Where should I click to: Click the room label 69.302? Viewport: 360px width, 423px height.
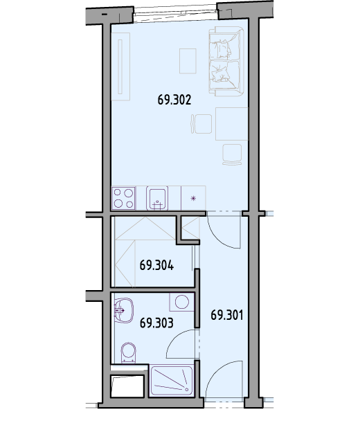point(174,100)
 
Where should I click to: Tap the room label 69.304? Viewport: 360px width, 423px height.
point(156,265)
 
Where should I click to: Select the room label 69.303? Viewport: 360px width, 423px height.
point(156,323)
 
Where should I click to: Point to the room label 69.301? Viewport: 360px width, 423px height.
point(227,315)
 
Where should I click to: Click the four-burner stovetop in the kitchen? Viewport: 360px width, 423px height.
point(124,198)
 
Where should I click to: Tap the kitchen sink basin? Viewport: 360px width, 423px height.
point(157,198)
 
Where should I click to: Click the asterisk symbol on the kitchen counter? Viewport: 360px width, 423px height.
point(193,199)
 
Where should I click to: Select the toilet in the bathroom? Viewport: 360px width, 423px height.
point(129,352)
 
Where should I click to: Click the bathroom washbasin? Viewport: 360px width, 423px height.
point(124,310)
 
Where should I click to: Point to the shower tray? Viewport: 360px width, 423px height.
point(172,380)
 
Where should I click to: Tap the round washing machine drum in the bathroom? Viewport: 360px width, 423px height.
point(182,302)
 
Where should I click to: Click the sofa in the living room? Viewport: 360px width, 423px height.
point(226,61)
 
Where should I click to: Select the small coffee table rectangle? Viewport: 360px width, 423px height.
point(188,61)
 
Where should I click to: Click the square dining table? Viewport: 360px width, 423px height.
point(231,124)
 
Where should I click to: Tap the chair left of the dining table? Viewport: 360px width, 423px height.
point(201,124)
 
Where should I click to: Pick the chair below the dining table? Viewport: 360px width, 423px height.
point(232,154)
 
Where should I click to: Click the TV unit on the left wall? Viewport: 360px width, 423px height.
point(120,66)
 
